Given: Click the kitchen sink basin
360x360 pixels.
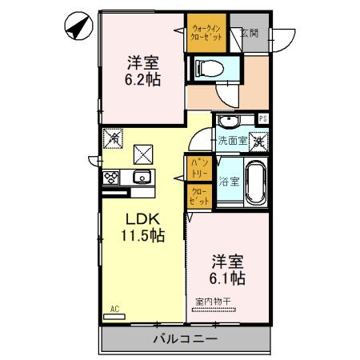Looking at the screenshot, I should click(142, 177).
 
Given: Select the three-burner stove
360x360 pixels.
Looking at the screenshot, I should click(110, 178).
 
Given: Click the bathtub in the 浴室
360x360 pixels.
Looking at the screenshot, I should click(256, 182).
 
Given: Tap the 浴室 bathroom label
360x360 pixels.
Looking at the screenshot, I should click(229, 182).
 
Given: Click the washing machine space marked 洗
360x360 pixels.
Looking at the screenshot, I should click(259, 141).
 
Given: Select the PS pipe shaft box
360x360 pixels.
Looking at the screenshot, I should click(262, 120).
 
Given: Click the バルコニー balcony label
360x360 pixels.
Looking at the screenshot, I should click(184, 338).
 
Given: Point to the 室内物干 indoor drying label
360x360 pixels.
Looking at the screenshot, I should click(214, 302).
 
